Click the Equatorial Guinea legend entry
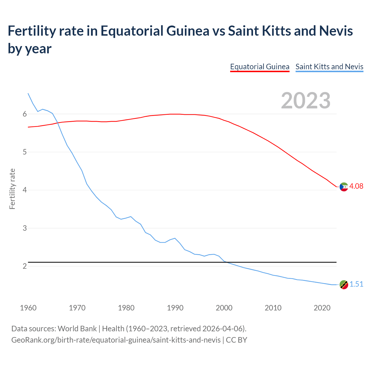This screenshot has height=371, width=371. pyautogui.click(x=260, y=67)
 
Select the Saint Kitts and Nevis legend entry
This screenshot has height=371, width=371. pyautogui.click(x=329, y=67)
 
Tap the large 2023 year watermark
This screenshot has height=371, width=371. pyautogui.click(x=305, y=101)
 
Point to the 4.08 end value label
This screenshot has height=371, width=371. pyautogui.click(x=356, y=186)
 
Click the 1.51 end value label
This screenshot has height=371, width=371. pyautogui.click(x=356, y=284)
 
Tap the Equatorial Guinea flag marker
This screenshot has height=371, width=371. pyautogui.click(x=344, y=187)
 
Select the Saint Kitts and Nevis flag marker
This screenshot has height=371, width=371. pyautogui.click(x=344, y=285)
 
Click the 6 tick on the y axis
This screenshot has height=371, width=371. pyautogui.click(x=25, y=114)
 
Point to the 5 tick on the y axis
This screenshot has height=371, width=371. pyautogui.click(x=25, y=152)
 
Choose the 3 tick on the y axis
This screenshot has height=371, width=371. pyautogui.click(x=25, y=228)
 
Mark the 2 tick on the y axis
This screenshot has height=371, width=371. pyautogui.click(x=25, y=266)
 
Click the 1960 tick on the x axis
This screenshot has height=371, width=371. pyautogui.click(x=28, y=308)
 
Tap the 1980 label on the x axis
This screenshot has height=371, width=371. pyautogui.click(x=126, y=308)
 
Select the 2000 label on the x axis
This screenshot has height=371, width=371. pyautogui.click(x=224, y=308)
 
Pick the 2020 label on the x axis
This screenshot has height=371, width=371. pyautogui.click(x=322, y=308)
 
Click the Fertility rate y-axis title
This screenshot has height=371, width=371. pyautogui.click(x=12, y=189)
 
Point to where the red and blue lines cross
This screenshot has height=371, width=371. pyautogui.click(x=57, y=123)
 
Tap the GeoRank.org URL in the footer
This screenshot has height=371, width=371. pyautogui.click(x=116, y=340)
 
